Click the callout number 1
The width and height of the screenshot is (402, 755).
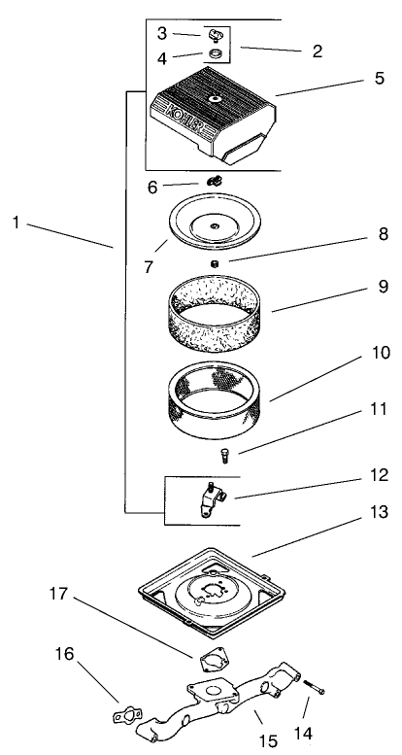17,223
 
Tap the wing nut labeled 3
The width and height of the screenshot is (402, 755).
211,36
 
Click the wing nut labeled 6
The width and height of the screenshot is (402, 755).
213,181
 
